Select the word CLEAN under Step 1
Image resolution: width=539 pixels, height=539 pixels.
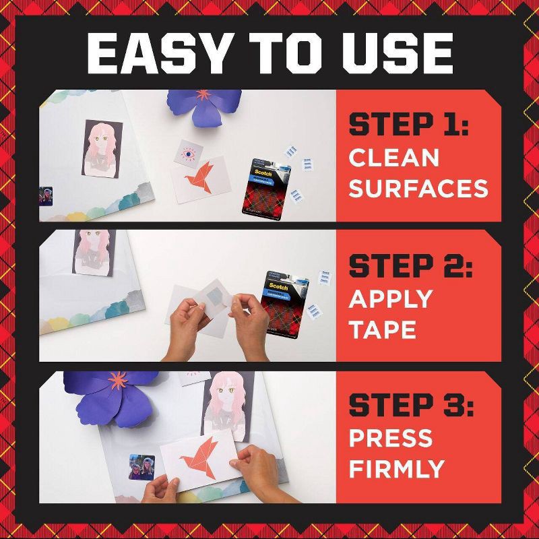[393, 158]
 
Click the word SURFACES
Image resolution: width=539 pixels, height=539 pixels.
[418, 188]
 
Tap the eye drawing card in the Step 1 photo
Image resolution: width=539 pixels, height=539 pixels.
[187, 154]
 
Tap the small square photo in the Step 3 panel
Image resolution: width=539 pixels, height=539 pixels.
[142, 467]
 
